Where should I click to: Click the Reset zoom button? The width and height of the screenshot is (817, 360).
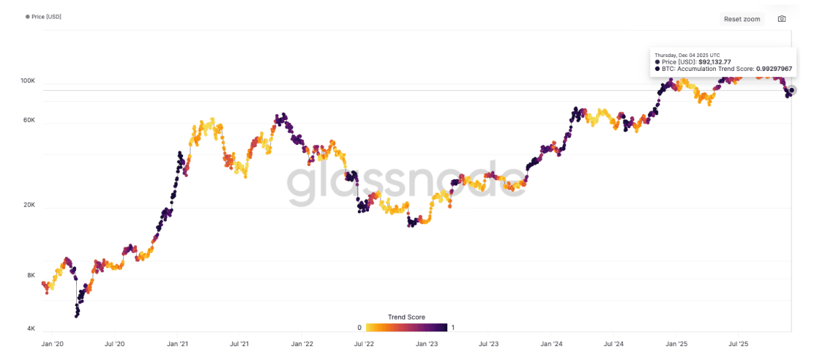(x=742, y=19)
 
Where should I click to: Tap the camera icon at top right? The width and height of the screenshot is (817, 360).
(x=782, y=19)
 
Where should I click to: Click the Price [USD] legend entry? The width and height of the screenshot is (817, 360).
(x=46, y=16)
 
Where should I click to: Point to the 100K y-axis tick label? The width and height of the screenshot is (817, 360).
(x=28, y=80)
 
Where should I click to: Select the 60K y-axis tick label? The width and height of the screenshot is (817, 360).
(x=29, y=121)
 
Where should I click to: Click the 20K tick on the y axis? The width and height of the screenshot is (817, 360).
(x=29, y=206)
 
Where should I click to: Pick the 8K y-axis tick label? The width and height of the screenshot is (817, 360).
(x=31, y=276)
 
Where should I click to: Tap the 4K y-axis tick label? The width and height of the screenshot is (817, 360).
(x=31, y=329)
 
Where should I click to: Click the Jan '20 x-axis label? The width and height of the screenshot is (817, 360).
(x=53, y=343)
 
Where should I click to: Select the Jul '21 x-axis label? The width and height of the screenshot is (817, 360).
(x=239, y=343)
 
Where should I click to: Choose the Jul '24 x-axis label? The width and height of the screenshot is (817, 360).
(x=613, y=343)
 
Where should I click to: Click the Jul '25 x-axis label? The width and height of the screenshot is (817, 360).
(x=738, y=343)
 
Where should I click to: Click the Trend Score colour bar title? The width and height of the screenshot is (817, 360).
(x=406, y=318)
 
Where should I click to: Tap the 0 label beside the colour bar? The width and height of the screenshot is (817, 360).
(x=359, y=328)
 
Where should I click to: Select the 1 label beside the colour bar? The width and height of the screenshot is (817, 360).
(x=454, y=328)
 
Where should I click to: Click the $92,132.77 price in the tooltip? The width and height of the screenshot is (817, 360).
(x=715, y=62)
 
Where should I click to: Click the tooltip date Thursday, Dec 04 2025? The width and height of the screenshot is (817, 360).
(x=687, y=55)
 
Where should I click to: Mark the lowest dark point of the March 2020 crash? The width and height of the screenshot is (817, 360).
(x=77, y=316)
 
